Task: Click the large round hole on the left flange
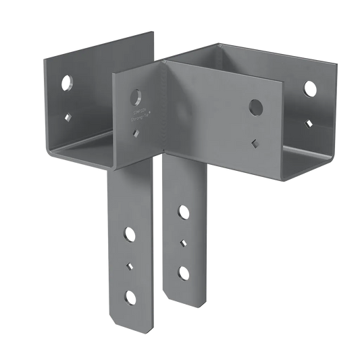point(68,83)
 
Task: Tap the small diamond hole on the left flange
point(68,115)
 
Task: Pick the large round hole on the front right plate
point(255,106)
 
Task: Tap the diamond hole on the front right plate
point(255,143)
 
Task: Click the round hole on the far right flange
point(309,88)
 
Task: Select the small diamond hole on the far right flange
point(309,122)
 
